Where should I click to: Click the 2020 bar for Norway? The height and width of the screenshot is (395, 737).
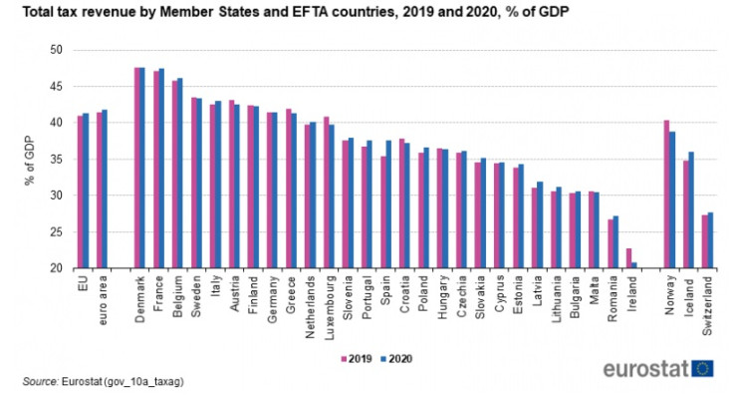pos(672,199)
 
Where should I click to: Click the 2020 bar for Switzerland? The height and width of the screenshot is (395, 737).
pos(710,240)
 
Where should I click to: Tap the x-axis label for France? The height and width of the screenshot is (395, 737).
pos(159,292)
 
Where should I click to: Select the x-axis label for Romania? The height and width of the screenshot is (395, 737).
pos(614,296)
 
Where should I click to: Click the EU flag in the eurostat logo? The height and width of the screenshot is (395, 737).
pos(704,368)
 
